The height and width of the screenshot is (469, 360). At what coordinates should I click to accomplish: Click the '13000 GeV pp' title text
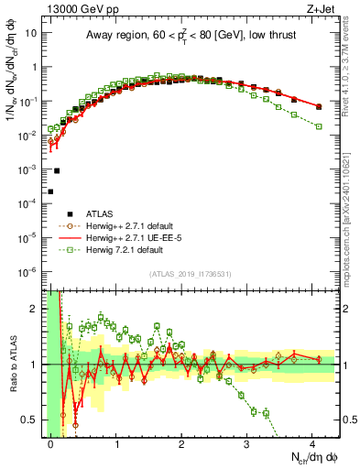[75, 8]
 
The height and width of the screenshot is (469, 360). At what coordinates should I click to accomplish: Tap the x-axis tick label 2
[181, 442]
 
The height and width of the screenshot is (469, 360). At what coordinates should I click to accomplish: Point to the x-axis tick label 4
[312, 442]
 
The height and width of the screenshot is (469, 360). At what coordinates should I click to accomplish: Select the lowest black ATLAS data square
[50, 191]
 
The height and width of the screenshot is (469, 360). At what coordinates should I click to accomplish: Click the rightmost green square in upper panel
[319, 126]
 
